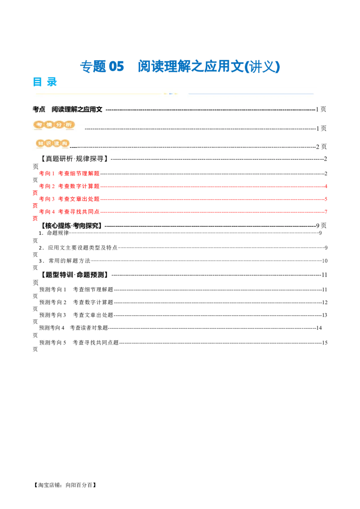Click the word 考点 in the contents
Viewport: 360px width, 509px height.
[39, 109]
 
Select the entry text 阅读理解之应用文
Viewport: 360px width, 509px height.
[77, 109]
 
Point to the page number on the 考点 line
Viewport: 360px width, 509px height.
[321, 109]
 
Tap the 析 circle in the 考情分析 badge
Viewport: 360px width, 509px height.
[69, 125]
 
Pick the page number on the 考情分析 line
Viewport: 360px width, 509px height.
[321, 128]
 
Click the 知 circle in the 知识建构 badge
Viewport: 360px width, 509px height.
[41, 143]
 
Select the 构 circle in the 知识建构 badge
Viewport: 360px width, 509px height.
[65, 143]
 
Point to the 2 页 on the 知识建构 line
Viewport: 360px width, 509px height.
[321, 147]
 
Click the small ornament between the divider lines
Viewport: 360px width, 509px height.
[171, 94]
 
